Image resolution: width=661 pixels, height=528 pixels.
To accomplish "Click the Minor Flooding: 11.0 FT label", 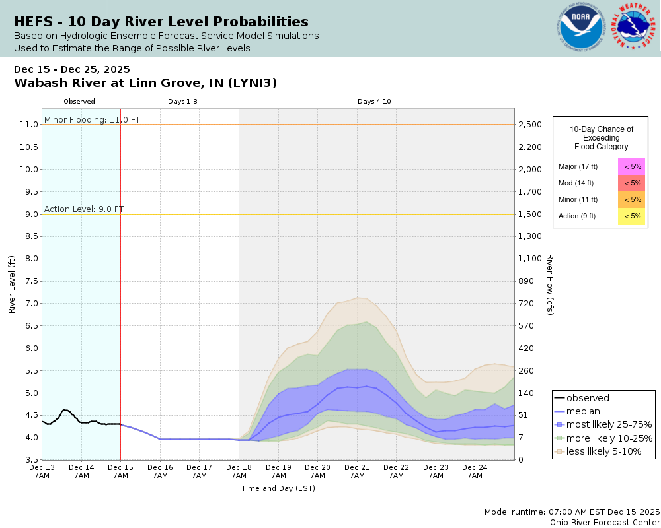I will (x=92, y=119).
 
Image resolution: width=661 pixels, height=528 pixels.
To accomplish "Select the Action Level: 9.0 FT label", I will (x=84, y=209).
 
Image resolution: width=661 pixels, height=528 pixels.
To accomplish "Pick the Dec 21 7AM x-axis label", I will (x=357, y=471).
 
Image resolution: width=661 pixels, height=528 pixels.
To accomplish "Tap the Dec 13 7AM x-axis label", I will (x=42, y=471).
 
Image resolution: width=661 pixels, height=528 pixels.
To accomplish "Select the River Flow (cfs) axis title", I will (x=550, y=284).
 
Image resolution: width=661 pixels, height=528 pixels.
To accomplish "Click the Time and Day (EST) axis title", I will (x=278, y=488).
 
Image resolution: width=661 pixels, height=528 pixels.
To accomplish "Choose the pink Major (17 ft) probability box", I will (x=632, y=166).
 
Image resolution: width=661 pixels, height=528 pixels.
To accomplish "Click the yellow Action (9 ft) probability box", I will (x=632, y=216).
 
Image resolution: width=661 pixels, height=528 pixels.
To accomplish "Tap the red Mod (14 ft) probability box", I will (x=632, y=183).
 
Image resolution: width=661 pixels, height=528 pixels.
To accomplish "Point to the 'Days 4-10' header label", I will (x=375, y=102).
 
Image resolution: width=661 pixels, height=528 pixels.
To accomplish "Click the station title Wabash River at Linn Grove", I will (x=145, y=83).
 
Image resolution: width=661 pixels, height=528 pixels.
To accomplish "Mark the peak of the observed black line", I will (x=64, y=409).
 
